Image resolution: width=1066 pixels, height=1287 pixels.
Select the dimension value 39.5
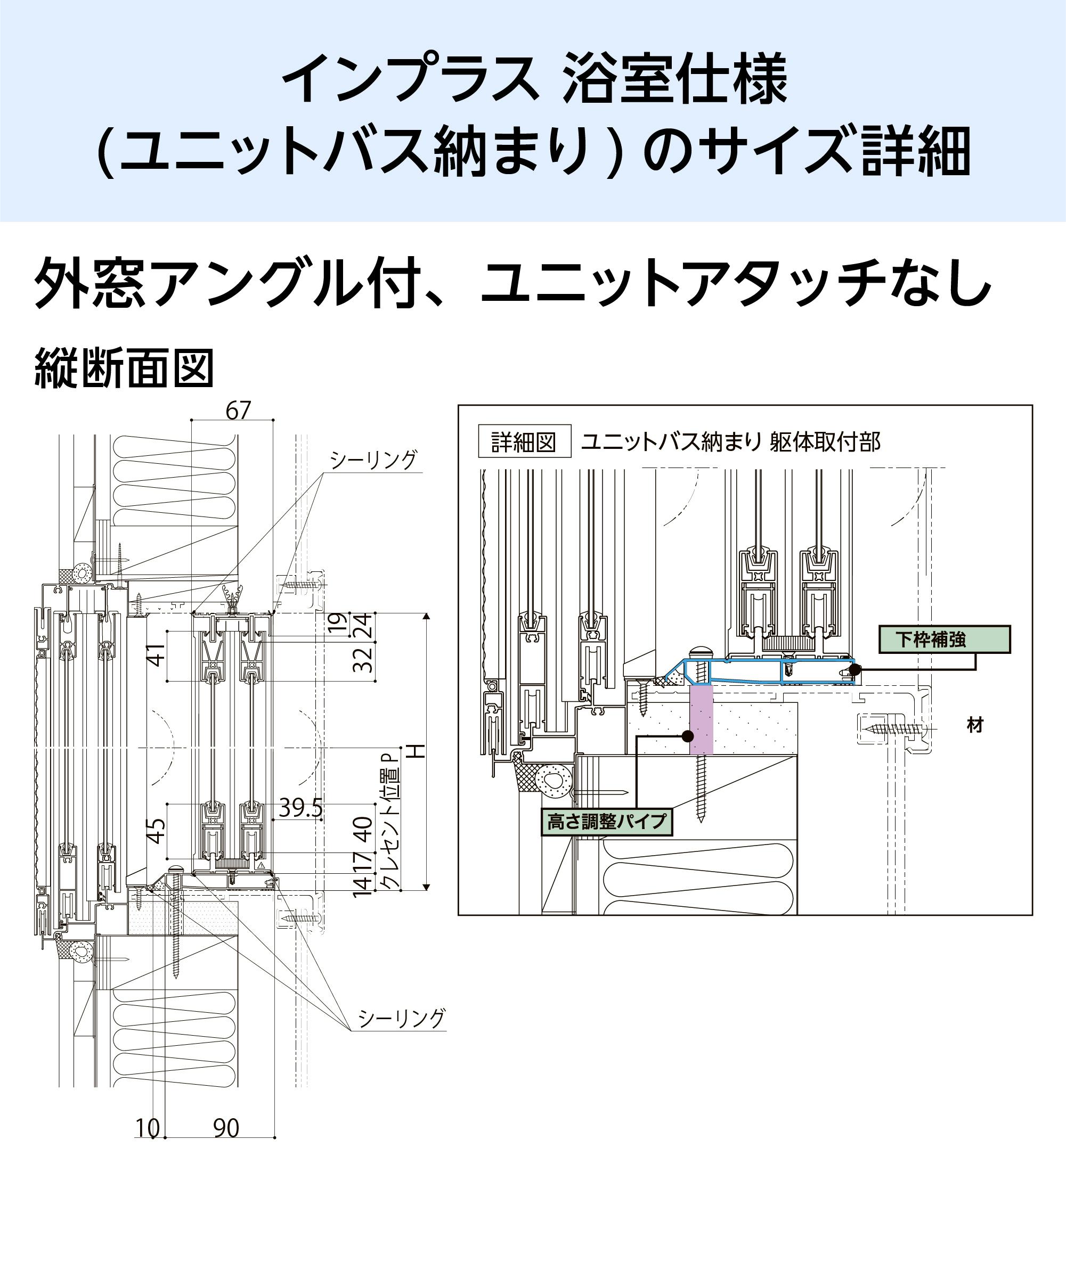(300, 808)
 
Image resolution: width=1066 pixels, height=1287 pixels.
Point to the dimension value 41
(157, 654)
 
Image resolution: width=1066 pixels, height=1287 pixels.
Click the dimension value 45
(157, 831)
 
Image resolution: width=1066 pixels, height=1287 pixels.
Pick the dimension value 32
(363, 659)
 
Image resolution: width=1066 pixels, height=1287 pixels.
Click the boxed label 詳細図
(524, 441)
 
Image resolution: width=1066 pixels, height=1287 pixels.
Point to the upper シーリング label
(373, 460)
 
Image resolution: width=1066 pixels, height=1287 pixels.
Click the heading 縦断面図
(124, 368)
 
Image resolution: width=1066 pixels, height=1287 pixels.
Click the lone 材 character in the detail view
(975, 726)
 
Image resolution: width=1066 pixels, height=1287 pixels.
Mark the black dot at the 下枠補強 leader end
(855, 669)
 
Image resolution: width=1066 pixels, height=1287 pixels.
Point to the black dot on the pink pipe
(688, 735)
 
